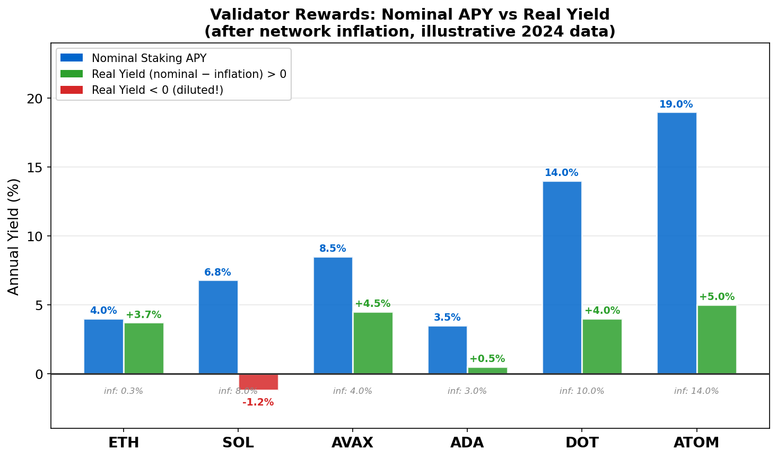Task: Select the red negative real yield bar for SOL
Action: click(258, 382)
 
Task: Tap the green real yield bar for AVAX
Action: click(373, 343)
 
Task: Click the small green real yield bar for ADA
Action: click(487, 371)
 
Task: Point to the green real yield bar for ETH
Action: click(144, 348)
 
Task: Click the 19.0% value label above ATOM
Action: click(676, 104)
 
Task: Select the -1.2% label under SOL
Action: click(258, 402)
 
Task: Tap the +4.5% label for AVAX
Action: click(372, 304)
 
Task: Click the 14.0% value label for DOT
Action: click(561, 173)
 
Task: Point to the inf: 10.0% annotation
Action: click(582, 391)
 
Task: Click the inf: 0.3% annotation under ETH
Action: click(124, 391)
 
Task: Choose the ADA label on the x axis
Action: click(467, 443)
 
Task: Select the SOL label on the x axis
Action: click(238, 443)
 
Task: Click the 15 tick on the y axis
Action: click(35, 168)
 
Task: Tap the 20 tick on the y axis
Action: click(35, 99)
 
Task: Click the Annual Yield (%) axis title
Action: click(14, 236)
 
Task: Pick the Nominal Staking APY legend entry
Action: click(149, 58)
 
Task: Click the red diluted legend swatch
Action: click(72, 90)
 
